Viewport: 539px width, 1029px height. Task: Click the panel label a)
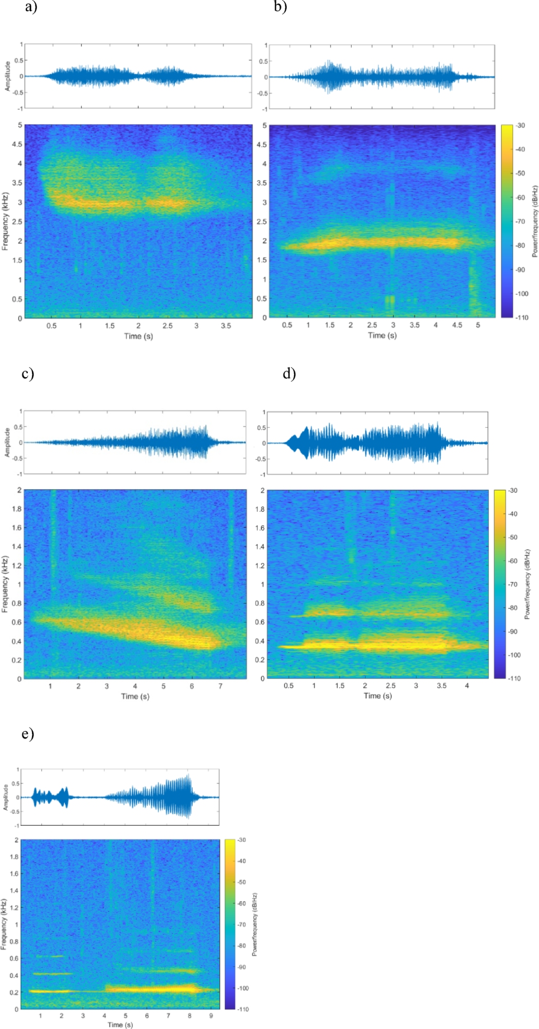(x=31, y=7)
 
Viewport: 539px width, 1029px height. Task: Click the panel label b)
(x=280, y=7)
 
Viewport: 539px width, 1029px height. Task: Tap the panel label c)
(x=28, y=373)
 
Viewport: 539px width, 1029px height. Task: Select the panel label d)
(x=289, y=373)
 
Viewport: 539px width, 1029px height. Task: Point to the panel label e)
(x=28, y=733)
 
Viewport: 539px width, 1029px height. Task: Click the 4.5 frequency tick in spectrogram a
(x=17, y=144)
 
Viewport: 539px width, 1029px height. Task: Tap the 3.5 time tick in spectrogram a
(x=225, y=326)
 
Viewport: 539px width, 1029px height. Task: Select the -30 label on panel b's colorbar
(x=520, y=126)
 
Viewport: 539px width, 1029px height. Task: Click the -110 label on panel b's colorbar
(x=521, y=317)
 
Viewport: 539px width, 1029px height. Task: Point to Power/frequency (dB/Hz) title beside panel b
(x=535, y=221)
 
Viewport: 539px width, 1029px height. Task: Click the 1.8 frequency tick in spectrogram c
(x=16, y=509)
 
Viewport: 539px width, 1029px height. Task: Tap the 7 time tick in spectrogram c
(x=220, y=686)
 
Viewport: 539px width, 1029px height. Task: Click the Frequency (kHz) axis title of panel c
(x=5, y=584)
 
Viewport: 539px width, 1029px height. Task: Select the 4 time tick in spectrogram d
(x=467, y=686)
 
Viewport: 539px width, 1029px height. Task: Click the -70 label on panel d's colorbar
(x=513, y=584)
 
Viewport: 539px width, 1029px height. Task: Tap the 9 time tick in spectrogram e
(x=211, y=1016)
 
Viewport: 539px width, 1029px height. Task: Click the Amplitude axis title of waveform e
(x=6, y=797)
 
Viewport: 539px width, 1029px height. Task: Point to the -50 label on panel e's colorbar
(x=241, y=882)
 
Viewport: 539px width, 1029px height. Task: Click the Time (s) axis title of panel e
(x=120, y=1024)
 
